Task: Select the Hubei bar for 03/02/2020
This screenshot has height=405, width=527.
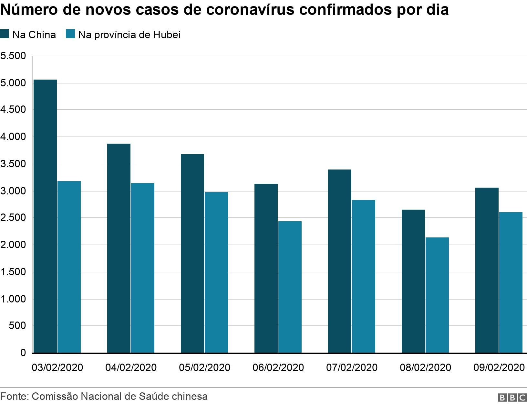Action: (69, 267)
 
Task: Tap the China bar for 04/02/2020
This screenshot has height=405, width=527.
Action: (119, 248)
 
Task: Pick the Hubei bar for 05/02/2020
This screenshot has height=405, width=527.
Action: (216, 272)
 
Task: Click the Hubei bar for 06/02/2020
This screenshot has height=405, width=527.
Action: (290, 287)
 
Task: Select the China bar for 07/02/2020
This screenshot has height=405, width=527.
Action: (340, 261)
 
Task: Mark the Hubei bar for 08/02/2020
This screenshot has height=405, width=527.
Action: (437, 295)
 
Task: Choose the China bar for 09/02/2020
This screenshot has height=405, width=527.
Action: (487, 270)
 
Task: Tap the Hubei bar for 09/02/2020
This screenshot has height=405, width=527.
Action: (511, 282)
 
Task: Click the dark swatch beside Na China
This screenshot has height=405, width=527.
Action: (5, 34)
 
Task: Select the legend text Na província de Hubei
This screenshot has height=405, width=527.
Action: (129, 35)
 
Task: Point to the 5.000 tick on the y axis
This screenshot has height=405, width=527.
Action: (13, 83)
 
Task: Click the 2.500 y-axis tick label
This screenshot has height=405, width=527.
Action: (13, 218)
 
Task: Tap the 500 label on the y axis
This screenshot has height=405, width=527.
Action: (17, 326)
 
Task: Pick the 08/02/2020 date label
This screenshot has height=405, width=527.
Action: (425, 367)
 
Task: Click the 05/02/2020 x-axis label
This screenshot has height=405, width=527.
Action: (204, 367)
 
